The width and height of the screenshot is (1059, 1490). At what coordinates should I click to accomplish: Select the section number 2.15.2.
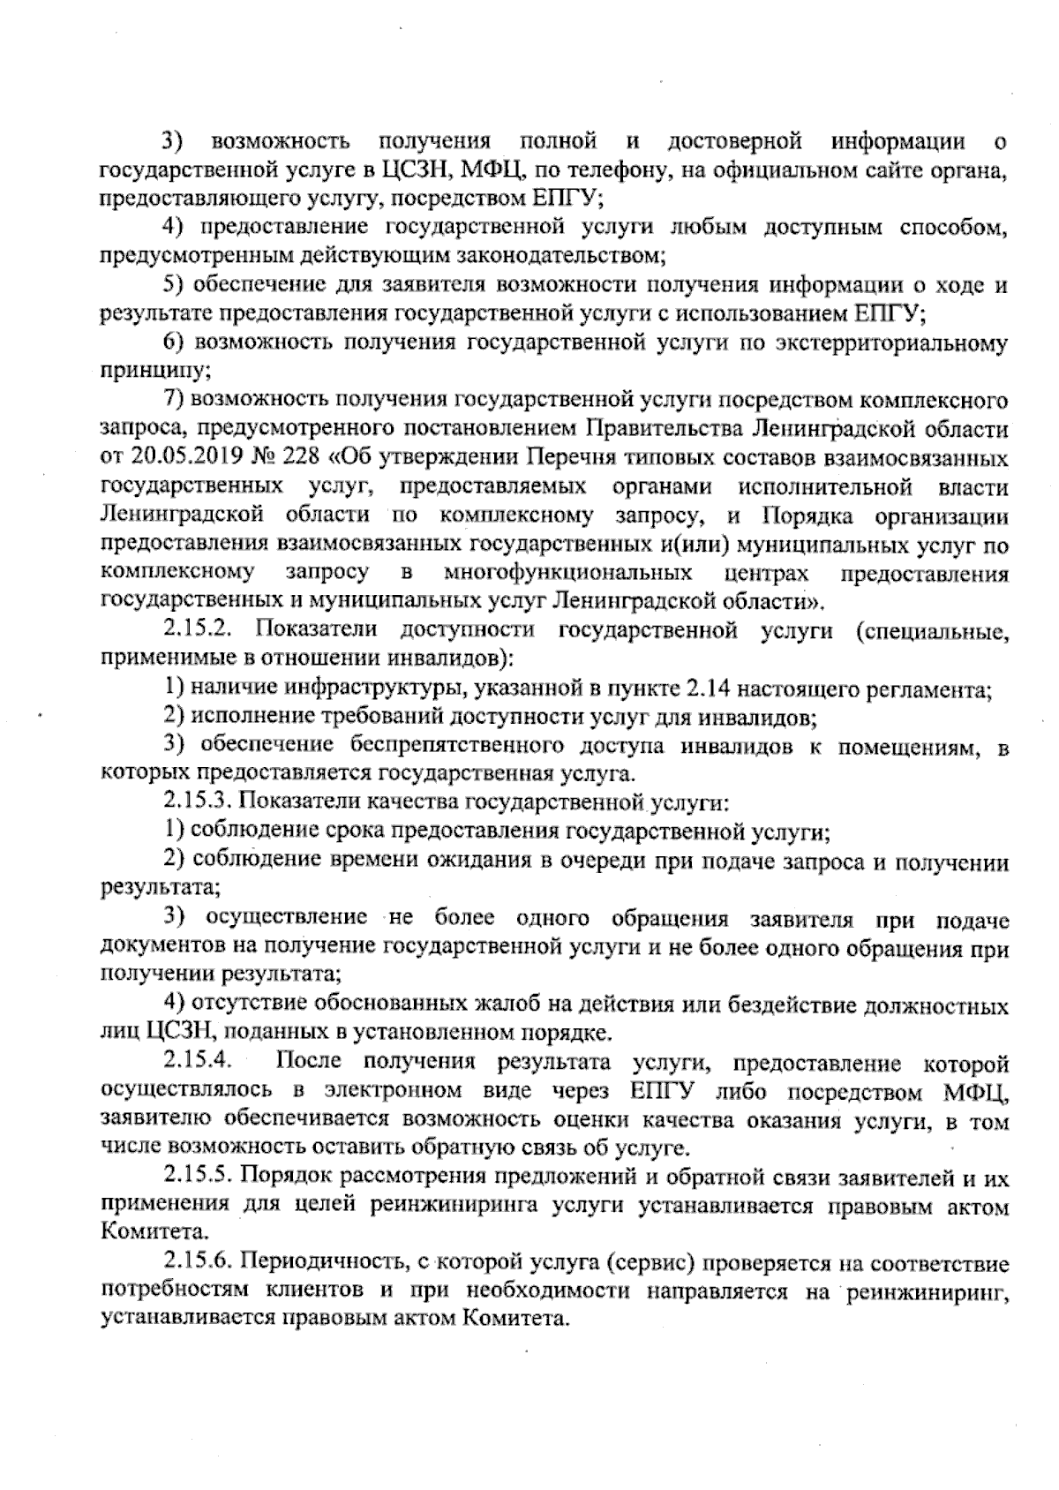pyautogui.click(x=198, y=631)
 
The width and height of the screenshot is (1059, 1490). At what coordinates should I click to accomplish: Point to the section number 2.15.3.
pyautogui.click(x=198, y=802)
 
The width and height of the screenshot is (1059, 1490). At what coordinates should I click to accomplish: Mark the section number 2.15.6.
pyautogui.click(x=198, y=1263)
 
